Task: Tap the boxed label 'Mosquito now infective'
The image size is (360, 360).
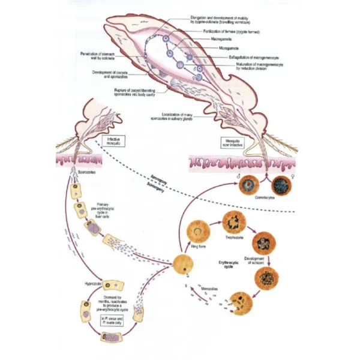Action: pos(235,145)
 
